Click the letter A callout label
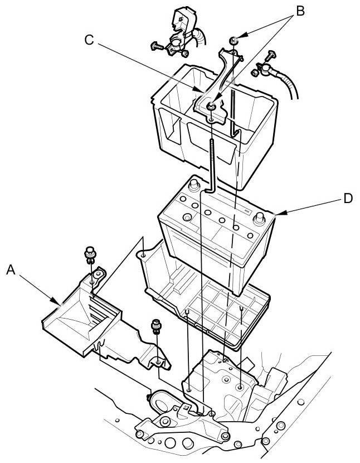(x=10, y=271)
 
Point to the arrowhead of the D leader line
(x=276, y=214)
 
